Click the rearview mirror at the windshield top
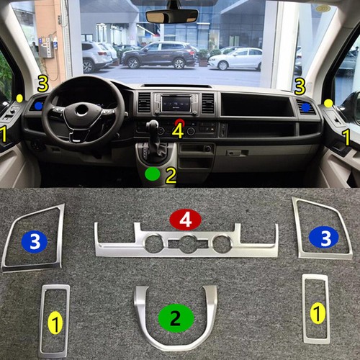point(172,16)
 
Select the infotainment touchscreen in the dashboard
point(176,104)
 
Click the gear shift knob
point(152,125)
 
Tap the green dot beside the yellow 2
point(153,174)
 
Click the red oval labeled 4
point(185,220)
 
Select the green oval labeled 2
point(176,318)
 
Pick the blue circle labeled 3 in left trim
point(35,242)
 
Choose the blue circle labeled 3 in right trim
point(324,238)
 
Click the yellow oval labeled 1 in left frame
point(55,323)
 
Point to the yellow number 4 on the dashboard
point(178,130)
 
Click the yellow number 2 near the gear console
point(171,176)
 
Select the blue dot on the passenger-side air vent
point(305,107)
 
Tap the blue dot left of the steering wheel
point(38,106)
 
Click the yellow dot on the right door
point(328,104)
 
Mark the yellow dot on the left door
point(19,98)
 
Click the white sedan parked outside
point(235,59)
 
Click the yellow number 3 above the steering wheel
point(42,84)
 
